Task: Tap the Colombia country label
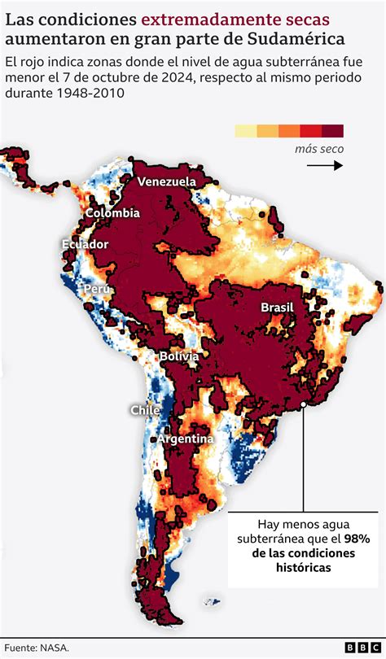[112, 213]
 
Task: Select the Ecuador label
[85, 244]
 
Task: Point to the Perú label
[94, 289]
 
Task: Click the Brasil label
[276, 307]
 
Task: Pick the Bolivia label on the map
[178, 356]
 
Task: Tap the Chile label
[145, 410]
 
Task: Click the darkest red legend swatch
[332, 131]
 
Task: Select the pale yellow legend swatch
[245, 131]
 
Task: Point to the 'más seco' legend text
[319, 149]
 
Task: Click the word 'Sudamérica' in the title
[293, 39]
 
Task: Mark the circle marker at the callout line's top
[304, 400]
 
